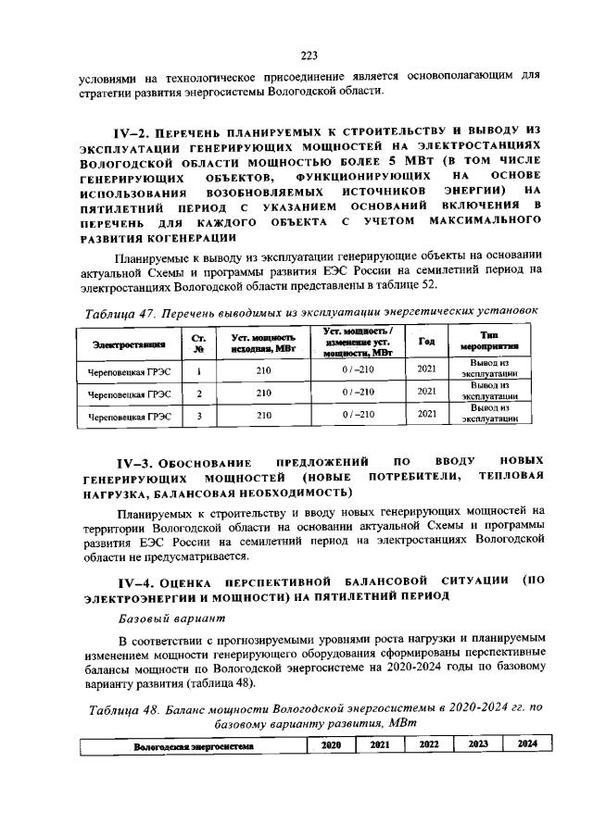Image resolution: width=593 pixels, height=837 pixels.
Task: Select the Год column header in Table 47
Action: pyautogui.click(x=426, y=341)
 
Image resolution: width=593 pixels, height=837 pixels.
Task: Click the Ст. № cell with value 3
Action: pyautogui.click(x=199, y=415)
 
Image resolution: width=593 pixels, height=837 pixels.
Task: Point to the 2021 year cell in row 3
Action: pyautogui.click(x=426, y=414)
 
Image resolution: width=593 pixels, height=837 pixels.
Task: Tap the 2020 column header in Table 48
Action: pyautogui.click(x=331, y=744)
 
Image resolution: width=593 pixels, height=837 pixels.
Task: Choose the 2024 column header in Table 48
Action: pyautogui.click(x=526, y=743)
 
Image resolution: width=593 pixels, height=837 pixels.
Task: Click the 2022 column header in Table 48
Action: pyautogui.click(x=428, y=743)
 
